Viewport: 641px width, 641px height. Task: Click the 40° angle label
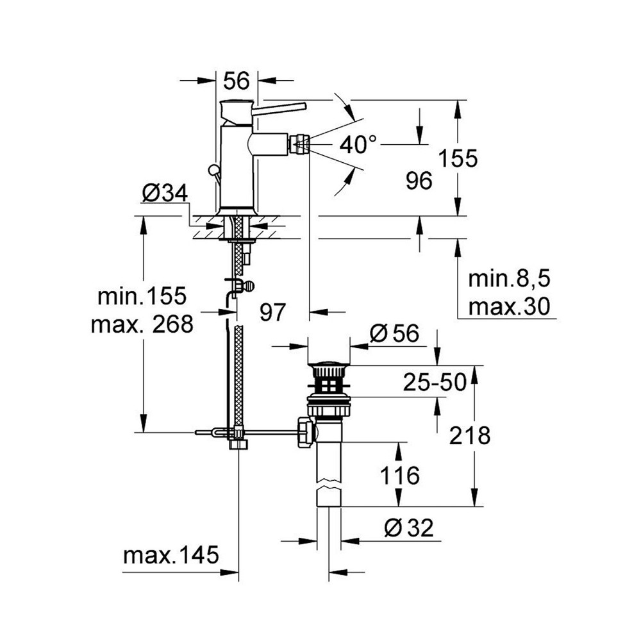pyautogui.click(x=358, y=145)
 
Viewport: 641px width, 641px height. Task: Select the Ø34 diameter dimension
pyautogui.click(x=164, y=192)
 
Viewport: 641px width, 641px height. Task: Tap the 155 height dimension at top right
pyautogui.click(x=458, y=158)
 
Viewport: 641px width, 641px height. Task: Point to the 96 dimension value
pyautogui.click(x=419, y=181)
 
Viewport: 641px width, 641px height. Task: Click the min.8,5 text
pyautogui.click(x=510, y=279)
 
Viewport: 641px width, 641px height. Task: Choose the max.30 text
pyautogui.click(x=509, y=307)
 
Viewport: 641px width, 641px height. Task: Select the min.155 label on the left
pyautogui.click(x=142, y=296)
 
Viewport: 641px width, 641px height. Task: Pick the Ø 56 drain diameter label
pyautogui.click(x=394, y=333)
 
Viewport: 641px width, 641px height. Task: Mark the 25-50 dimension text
pyautogui.click(x=434, y=383)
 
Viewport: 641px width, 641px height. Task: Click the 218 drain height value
pyautogui.click(x=470, y=435)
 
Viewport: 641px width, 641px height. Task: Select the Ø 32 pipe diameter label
pyautogui.click(x=409, y=528)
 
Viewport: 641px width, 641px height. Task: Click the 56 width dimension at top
pyautogui.click(x=236, y=81)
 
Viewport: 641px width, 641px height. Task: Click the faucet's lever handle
pyautogui.click(x=279, y=107)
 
